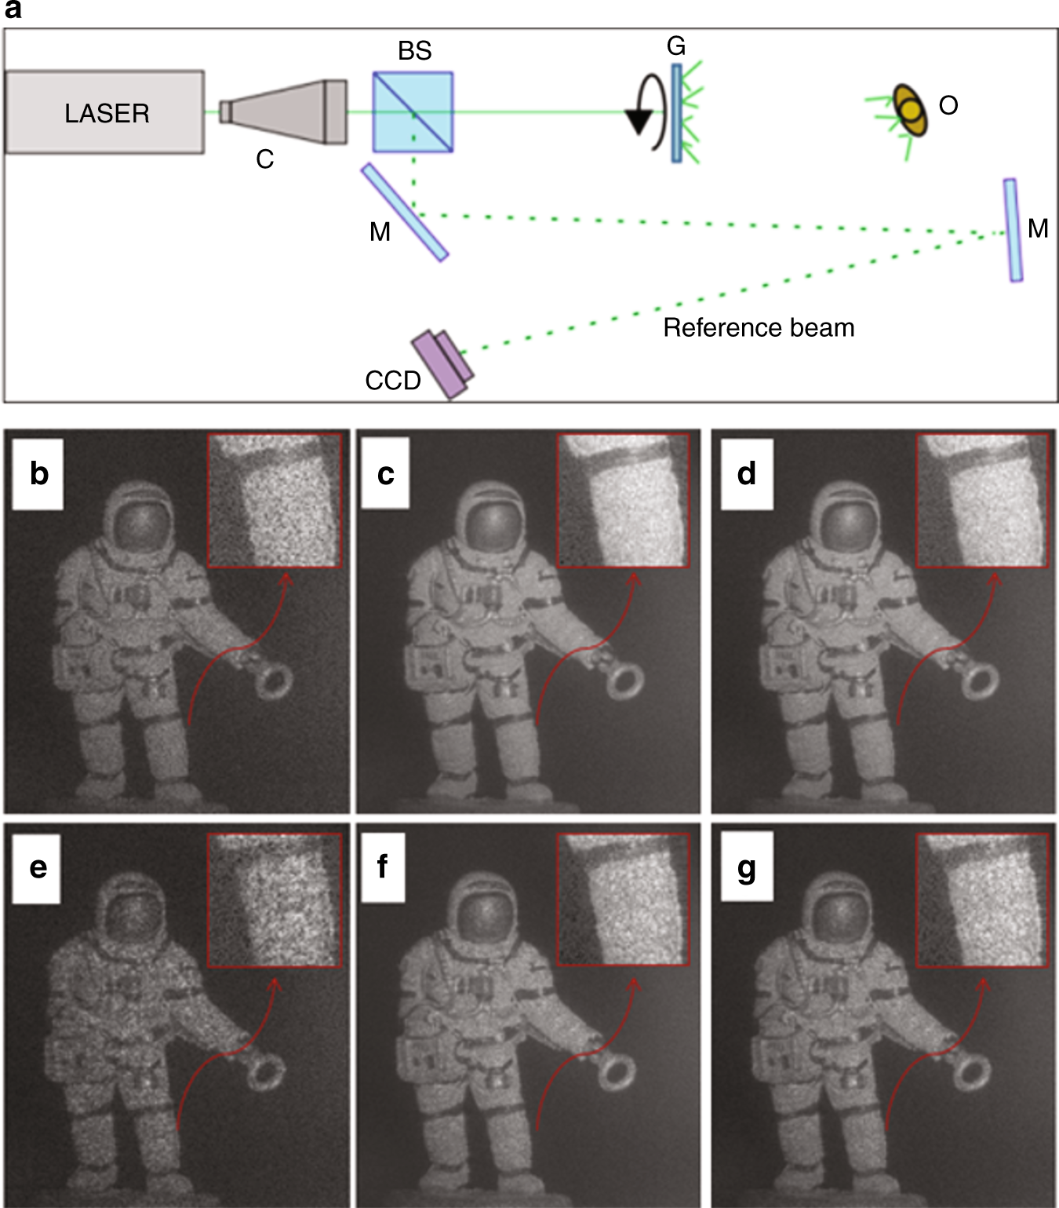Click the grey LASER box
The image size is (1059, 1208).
click(105, 112)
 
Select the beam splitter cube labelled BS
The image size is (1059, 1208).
click(413, 112)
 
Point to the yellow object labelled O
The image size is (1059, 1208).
click(910, 111)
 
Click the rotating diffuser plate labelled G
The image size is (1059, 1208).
click(676, 113)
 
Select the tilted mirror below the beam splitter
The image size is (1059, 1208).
click(404, 211)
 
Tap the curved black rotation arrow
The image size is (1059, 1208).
click(648, 111)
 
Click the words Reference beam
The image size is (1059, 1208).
click(759, 327)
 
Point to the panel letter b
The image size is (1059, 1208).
click(38, 474)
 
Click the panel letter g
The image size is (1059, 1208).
click(746, 867)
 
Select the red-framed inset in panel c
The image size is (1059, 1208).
click(623, 500)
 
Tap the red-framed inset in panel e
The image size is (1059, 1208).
click(275, 900)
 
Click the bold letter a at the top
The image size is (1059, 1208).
click(13, 10)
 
